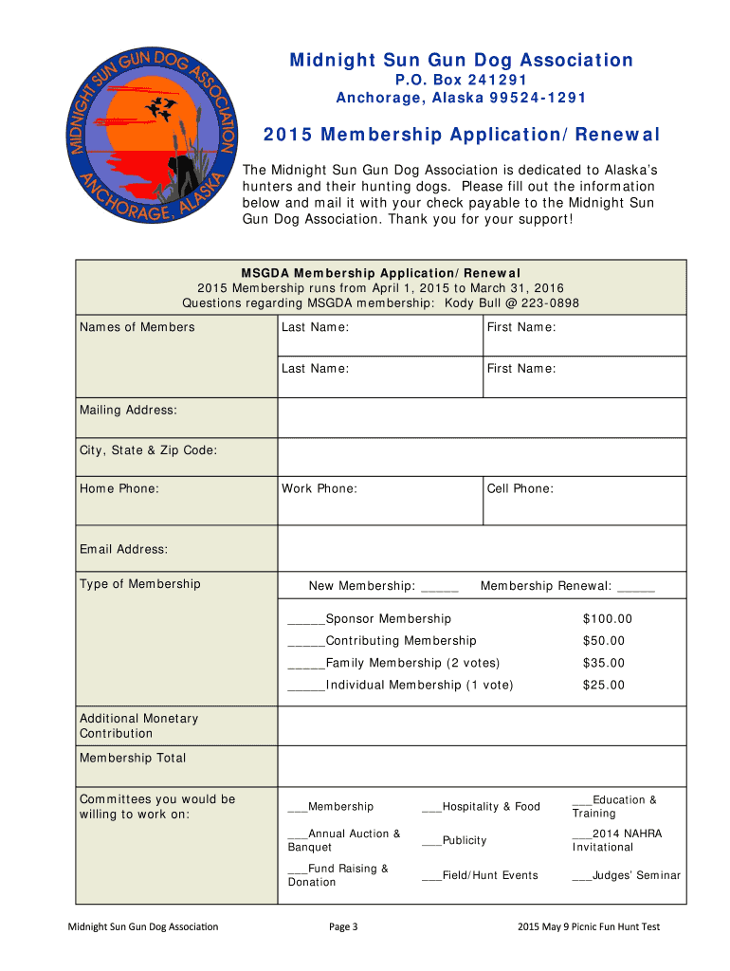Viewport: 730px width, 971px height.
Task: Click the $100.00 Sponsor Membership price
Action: coord(607,619)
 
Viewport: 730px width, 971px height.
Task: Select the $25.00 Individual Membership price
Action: coord(604,685)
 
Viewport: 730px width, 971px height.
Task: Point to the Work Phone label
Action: coord(319,488)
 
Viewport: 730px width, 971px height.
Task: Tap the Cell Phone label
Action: coord(520,488)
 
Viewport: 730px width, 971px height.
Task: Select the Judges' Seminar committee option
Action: coord(626,875)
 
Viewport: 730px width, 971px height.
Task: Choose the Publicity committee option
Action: coord(454,840)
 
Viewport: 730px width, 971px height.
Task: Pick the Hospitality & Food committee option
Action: coord(481,806)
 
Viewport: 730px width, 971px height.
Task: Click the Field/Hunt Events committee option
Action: coord(480,875)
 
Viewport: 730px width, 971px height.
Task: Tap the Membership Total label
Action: coord(133,758)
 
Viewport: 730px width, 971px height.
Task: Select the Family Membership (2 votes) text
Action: coord(411,663)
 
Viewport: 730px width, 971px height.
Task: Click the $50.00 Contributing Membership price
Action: coord(604,641)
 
